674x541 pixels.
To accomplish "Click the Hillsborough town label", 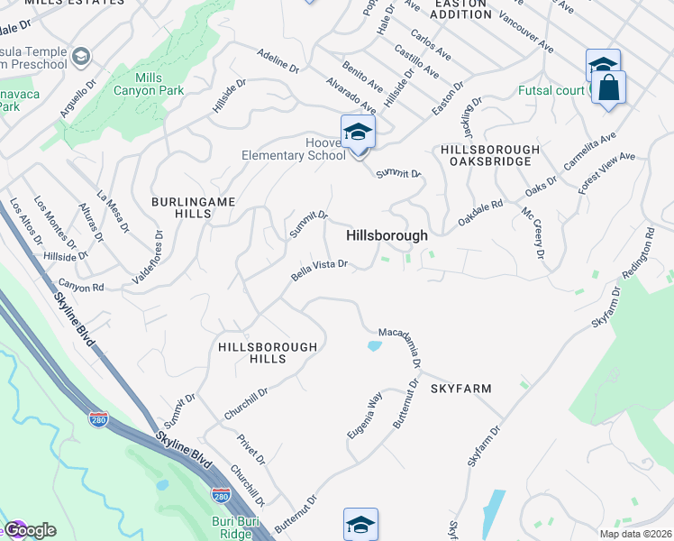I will [387, 235].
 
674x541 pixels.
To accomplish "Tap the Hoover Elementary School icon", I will [358, 133].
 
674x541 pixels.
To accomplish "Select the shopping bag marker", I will [609, 88].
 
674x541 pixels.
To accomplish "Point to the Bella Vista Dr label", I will [319, 270].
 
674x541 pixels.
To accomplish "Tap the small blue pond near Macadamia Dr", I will [375, 344].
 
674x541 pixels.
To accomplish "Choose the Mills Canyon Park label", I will [149, 84].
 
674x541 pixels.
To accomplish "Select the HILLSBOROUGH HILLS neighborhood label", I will [268, 353].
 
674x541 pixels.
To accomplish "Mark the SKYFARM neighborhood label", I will [460, 389].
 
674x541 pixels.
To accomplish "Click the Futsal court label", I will [551, 91].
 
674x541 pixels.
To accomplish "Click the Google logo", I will [29, 530].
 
